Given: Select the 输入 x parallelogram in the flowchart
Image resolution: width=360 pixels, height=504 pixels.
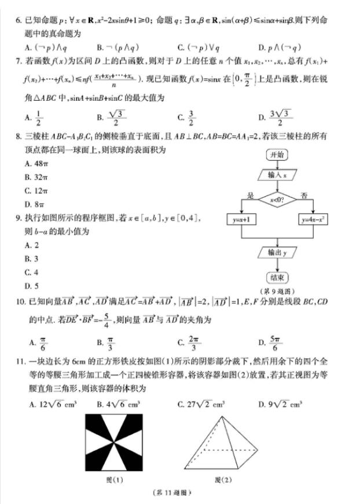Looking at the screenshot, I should coord(277,174).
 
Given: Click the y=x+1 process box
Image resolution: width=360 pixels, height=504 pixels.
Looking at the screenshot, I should coord(241,220).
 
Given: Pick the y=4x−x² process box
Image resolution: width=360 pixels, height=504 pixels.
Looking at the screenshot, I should coord(313,220).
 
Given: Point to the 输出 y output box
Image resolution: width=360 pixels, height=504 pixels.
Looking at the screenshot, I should coord(277,253).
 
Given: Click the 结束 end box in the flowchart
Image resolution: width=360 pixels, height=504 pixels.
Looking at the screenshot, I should coord(277,277).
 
